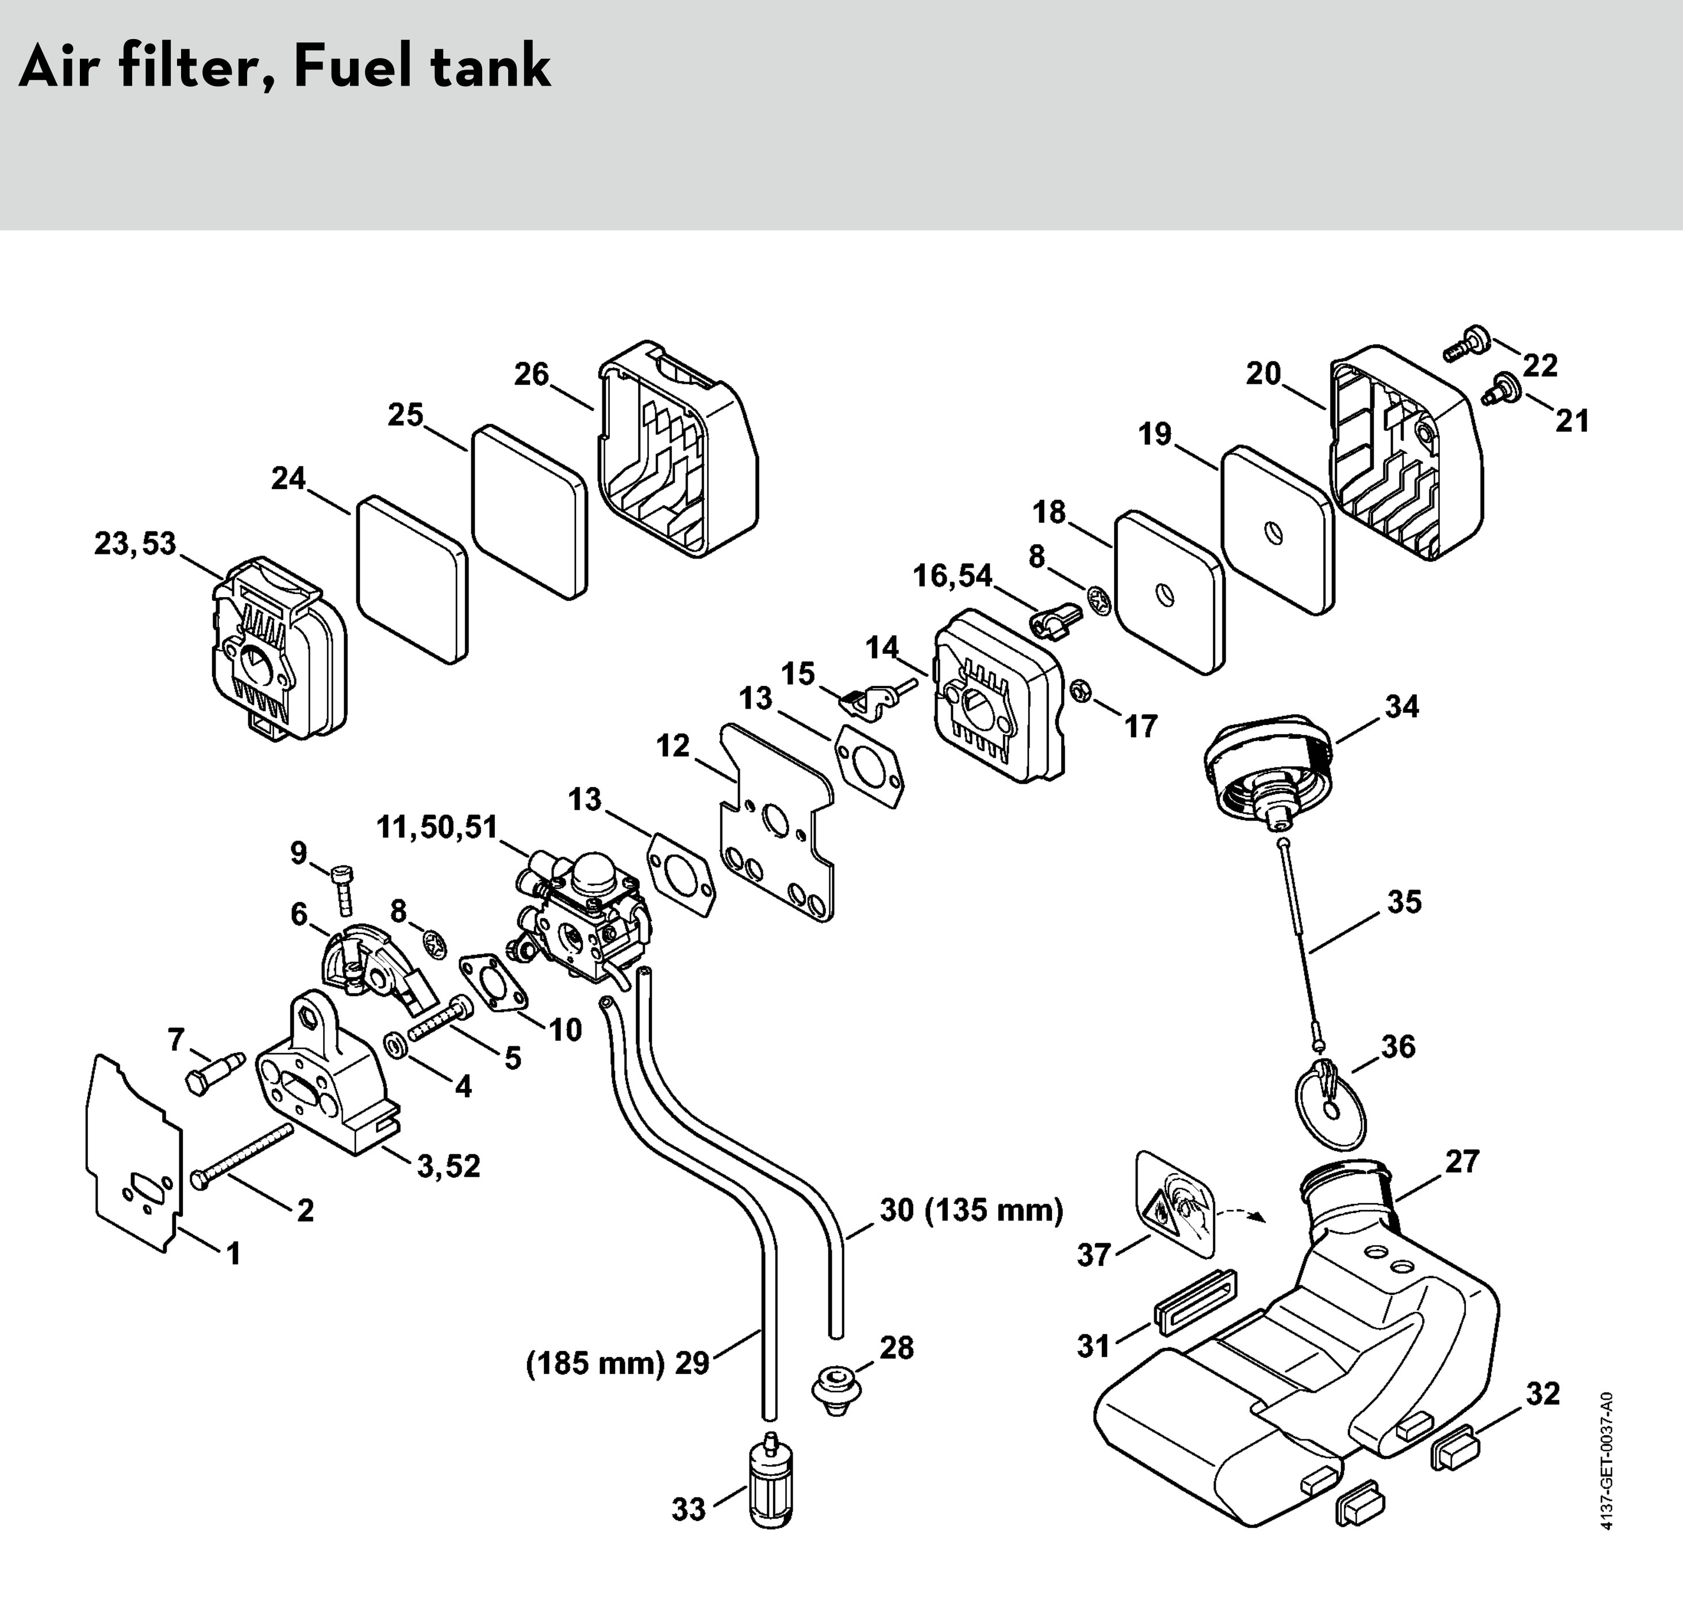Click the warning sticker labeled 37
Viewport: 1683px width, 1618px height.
[x=1175, y=1204]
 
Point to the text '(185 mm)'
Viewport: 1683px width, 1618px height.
[x=595, y=1363]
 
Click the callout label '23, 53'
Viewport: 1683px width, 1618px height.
[x=135, y=544]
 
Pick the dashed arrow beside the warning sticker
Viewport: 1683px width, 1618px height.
[x=1241, y=1213]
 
